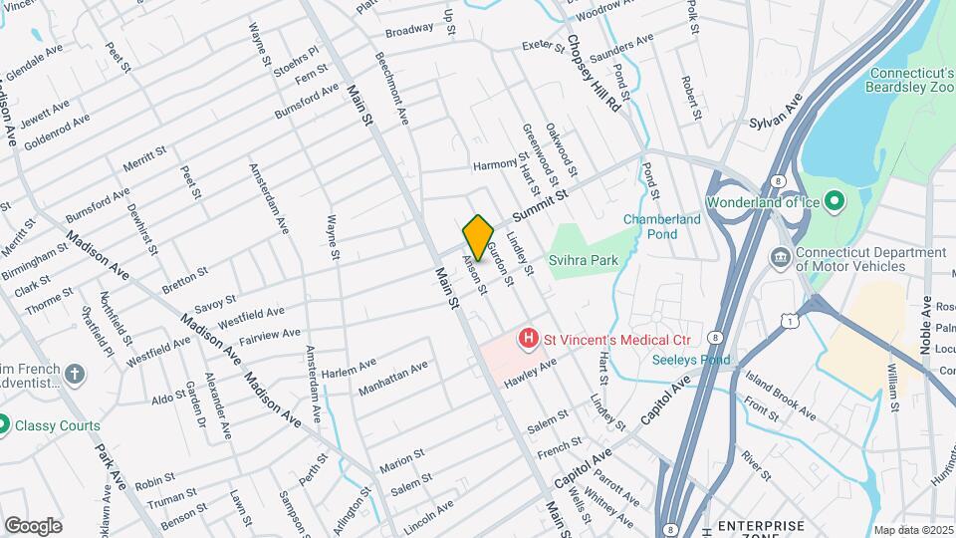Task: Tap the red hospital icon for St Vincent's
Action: click(x=528, y=340)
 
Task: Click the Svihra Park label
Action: click(x=584, y=260)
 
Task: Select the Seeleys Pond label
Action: click(x=692, y=360)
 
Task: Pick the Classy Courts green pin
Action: click(x=5, y=425)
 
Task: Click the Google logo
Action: click(x=33, y=525)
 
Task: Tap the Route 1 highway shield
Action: click(x=791, y=320)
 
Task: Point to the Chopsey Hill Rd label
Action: click(x=595, y=73)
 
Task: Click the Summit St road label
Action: click(x=539, y=203)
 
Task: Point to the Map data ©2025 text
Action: click(x=913, y=530)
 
